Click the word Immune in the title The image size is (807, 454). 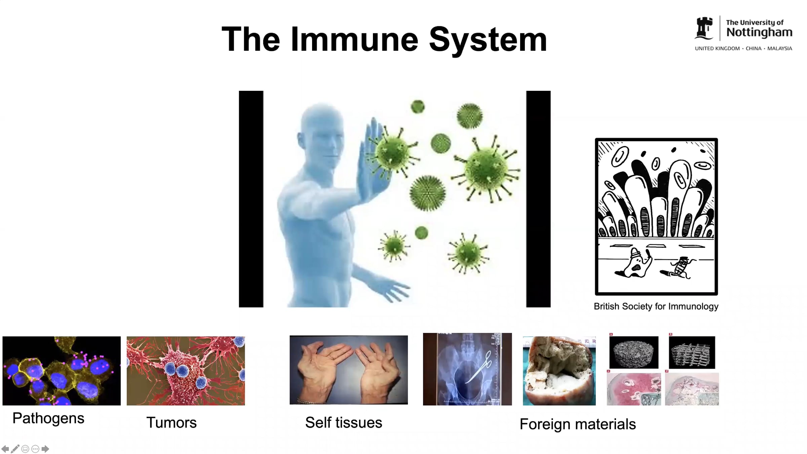tap(354, 39)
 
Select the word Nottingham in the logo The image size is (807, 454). tap(759, 33)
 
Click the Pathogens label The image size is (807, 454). tap(48, 419)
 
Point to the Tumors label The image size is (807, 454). tap(171, 422)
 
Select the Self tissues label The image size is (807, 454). tap(344, 422)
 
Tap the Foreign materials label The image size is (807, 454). tap(578, 424)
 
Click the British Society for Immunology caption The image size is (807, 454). tap(656, 306)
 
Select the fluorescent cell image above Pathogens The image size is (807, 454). tap(62, 371)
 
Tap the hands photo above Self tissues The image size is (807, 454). tap(349, 370)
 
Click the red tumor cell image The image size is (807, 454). tap(186, 371)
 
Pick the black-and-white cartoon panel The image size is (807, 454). tap(656, 217)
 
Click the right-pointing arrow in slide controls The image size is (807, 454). tap(45, 449)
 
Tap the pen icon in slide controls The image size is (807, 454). tap(15, 449)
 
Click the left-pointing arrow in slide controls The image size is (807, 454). tap(5, 449)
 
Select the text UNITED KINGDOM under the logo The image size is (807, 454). tap(717, 48)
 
